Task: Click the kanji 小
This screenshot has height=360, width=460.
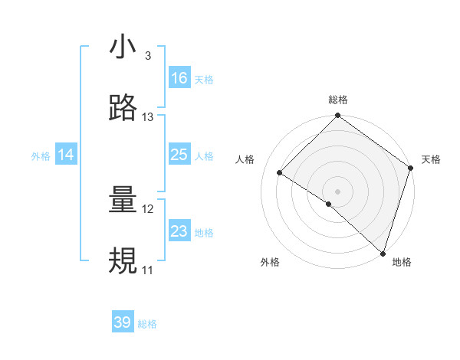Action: click(x=123, y=48)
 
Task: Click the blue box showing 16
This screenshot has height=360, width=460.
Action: click(x=179, y=78)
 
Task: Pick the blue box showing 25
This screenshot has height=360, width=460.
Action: click(x=179, y=155)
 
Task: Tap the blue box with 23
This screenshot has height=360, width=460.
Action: click(x=179, y=231)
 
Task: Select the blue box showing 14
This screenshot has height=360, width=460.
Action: click(x=66, y=155)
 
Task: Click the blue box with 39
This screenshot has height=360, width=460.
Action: click(x=123, y=322)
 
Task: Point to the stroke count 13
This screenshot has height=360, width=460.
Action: click(x=148, y=117)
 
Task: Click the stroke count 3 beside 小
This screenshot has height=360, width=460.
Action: click(x=147, y=56)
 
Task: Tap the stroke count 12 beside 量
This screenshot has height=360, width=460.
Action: click(x=148, y=209)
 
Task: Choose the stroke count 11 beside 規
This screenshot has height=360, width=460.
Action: click(x=147, y=270)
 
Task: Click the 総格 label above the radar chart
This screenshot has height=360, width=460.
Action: click(x=337, y=100)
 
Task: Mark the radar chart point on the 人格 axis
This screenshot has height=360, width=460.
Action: click(x=280, y=173)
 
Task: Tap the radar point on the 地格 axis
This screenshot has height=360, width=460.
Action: click(x=383, y=254)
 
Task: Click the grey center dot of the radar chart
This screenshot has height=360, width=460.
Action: click(x=337, y=191)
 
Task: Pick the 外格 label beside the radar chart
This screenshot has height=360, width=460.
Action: click(x=270, y=262)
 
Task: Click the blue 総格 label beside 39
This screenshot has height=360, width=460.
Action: click(x=147, y=324)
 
